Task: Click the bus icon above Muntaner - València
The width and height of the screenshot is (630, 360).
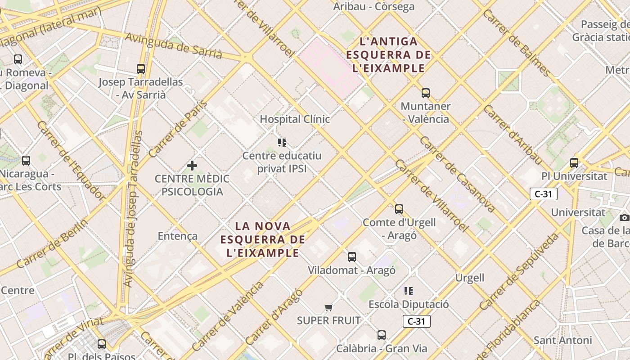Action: [x=425, y=93]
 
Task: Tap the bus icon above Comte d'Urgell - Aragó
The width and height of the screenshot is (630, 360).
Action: [x=399, y=209]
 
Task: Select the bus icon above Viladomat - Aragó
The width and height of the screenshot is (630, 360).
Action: [x=351, y=257]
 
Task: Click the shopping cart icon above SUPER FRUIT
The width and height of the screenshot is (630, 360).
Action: [x=328, y=308]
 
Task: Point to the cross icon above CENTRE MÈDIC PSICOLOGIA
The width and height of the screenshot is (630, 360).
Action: [x=192, y=166]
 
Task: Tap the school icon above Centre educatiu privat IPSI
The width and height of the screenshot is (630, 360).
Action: [x=282, y=143]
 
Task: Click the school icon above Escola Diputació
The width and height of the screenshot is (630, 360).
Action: [x=408, y=291]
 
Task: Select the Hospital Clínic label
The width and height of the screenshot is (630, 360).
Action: [x=295, y=119]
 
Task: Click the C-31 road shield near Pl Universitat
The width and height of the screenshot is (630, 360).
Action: [x=544, y=194]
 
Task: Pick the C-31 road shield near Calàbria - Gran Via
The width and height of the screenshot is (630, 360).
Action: [x=416, y=321]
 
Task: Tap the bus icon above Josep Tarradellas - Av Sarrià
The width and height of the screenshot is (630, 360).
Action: [x=141, y=69]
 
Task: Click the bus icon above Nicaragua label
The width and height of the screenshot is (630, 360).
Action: [x=26, y=161]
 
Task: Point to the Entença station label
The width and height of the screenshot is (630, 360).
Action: [x=177, y=236]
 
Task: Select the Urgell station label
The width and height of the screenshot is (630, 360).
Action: [x=470, y=278]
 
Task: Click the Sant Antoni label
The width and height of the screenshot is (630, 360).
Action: [x=562, y=340]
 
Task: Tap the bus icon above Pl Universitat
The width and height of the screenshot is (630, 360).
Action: [x=574, y=163]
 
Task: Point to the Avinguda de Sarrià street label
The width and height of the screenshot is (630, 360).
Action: [x=174, y=45]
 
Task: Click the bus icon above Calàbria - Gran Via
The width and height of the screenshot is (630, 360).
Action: [x=382, y=335]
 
